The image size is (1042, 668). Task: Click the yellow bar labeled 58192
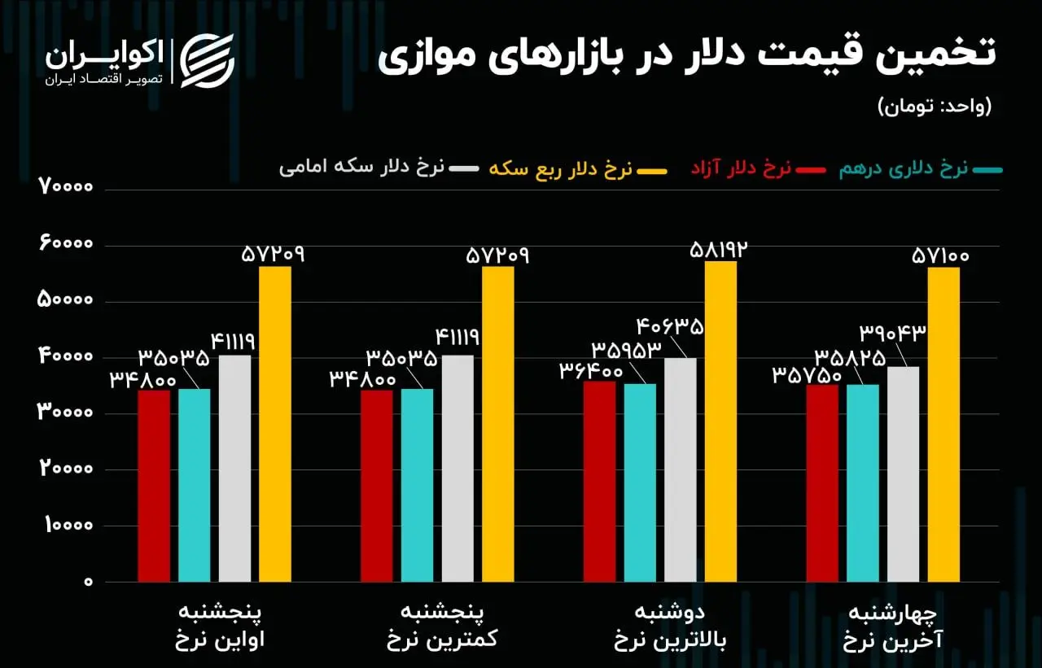[720, 421]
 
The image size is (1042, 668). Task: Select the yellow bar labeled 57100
[943, 424]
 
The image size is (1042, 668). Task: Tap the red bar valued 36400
[600, 481]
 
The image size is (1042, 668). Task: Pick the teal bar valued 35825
[863, 482]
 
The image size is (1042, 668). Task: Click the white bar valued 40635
[681, 469]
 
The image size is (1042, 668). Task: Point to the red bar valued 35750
[822, 482]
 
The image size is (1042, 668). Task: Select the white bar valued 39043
[903, 474]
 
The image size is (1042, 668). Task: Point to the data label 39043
[892, 333]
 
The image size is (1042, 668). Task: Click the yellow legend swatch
[652, 170]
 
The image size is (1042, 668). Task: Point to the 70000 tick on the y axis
[67, 188]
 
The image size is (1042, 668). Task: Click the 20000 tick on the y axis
[67, 469]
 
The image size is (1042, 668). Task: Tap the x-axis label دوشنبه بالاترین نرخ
[669, 626]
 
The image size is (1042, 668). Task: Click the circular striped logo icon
[207, 59]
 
